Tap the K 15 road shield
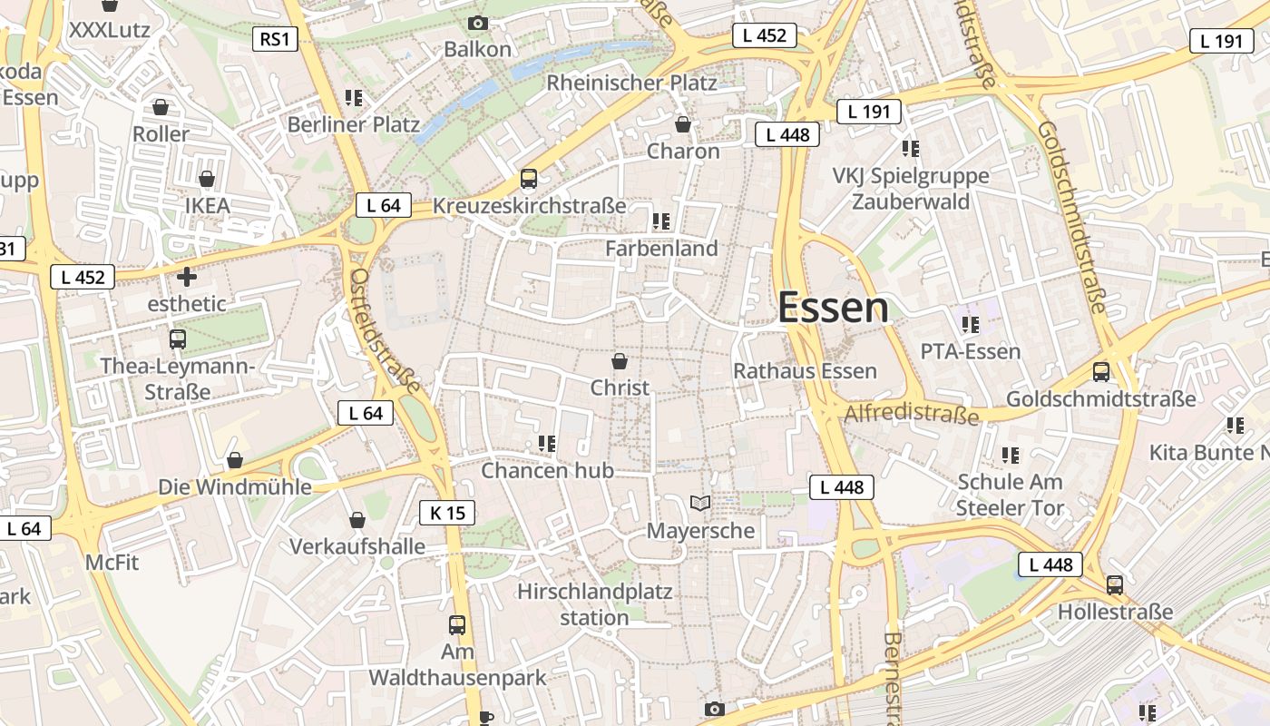pos(447,513)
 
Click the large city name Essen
pos(833,308)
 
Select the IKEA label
pos(207,205)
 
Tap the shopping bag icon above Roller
pos(161,107)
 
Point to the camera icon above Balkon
pos(477,23)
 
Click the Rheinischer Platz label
pos(631,83)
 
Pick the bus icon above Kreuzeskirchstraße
pos(529,179)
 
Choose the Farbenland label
pos(661,248)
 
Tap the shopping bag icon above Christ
pos(620,361)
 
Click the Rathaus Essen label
pos(805,370)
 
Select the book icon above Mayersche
pos(700,503)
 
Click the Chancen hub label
pos(547,470)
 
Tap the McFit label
pos(112,563)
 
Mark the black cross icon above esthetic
pos(187,276)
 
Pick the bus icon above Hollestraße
pos(1115,585)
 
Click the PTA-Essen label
pos(970,351)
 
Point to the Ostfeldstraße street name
pos(385,330)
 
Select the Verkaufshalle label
pos(357,546)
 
